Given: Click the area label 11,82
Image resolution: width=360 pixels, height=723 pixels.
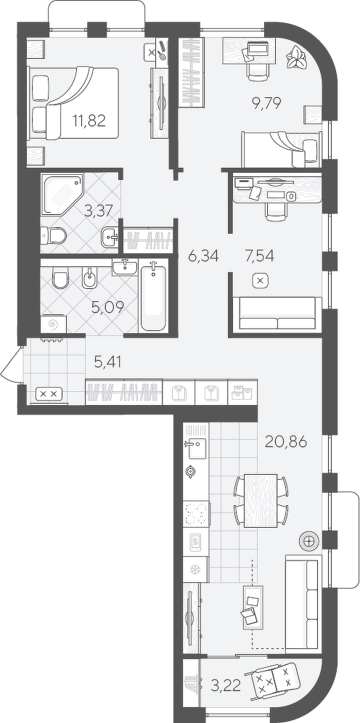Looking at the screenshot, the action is tap(89, 120).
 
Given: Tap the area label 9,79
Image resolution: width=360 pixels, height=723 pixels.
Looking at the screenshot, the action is tap(277, 102).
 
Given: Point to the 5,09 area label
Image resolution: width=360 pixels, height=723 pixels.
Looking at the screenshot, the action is tap(107, 307).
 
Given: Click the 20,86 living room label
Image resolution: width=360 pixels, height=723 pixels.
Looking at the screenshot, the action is tap(286, 442).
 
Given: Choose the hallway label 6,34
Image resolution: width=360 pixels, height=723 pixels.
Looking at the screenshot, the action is tap(202, 255).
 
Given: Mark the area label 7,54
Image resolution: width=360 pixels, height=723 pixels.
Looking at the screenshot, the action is tap(260, 255).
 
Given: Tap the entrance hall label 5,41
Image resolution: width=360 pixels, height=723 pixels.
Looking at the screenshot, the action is tap(107, 363).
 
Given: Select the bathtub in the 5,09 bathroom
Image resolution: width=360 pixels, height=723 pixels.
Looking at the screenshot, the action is tap(153, 295).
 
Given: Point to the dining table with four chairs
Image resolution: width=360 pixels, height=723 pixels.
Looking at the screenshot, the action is tap(261, 500).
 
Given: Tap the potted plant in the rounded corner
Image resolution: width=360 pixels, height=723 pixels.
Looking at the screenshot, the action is tap(295, 59).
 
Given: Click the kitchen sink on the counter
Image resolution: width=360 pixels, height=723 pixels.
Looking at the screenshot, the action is tap(196, 449).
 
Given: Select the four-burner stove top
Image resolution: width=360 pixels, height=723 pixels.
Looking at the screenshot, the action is tap(197, 514).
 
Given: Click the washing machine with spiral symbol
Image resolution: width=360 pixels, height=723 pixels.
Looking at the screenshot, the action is tap(53, 324).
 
